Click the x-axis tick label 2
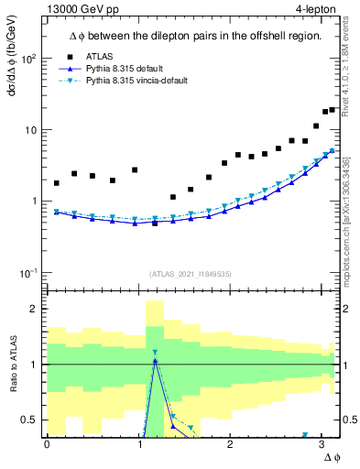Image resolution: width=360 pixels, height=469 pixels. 231,444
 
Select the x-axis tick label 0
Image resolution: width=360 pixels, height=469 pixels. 47,444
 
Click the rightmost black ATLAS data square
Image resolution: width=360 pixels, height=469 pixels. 333,110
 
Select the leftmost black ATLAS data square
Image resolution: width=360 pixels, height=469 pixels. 57,183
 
